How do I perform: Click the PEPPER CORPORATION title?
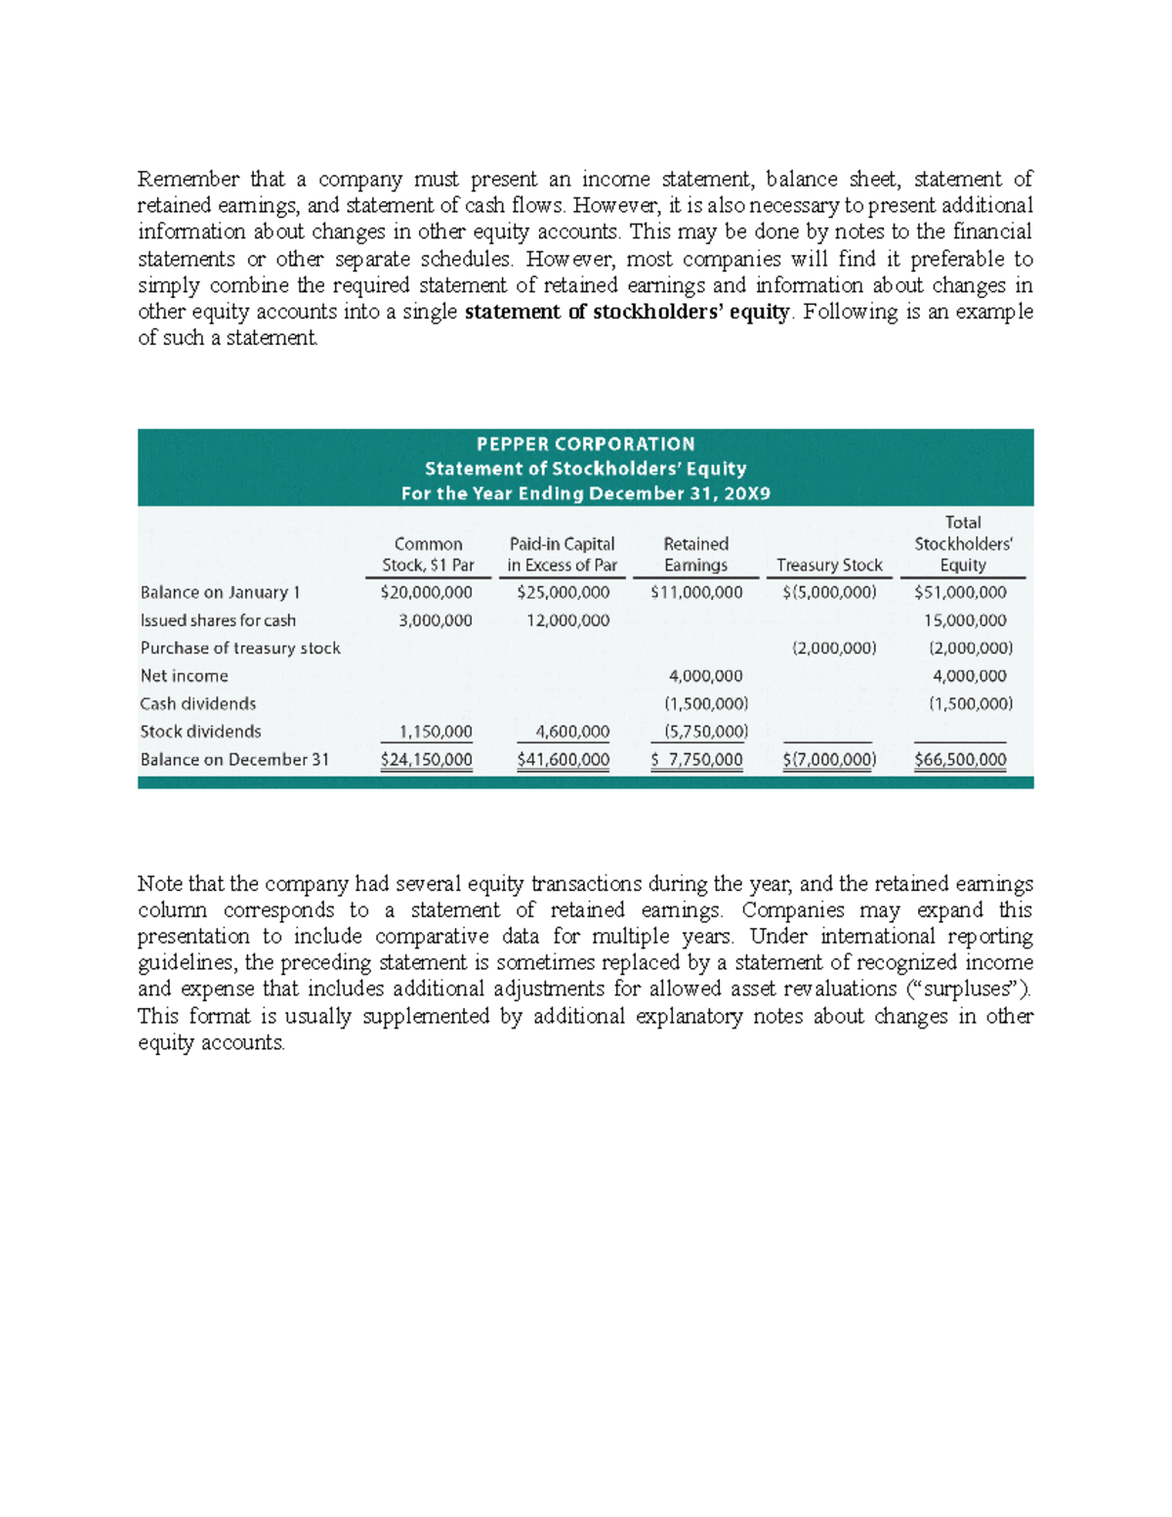pyautogui.click(x=585, y=443)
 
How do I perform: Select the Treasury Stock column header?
pyautogui.click(x=829, y=565)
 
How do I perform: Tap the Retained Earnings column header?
pyautogui.click(x=695, y=554)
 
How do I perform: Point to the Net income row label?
pyautogui.click(x=185, y=676)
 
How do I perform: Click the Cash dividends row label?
pyautogui.click(x=198, y=703)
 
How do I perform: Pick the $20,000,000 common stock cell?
pyautogui.click(x=426, y=592)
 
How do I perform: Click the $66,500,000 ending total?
pyautogui.click(x=960, y=760)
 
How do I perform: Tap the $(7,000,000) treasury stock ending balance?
pyautogui.click(x=829, y=760)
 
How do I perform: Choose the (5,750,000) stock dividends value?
pyautogui.click(x=706, y=732)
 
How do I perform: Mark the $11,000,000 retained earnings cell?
pyautogui.click(x=696, y=592)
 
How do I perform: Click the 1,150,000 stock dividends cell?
pyautogui.click(x=436, y=732)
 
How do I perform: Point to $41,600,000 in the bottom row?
pyautogui.click(x=563, y=760)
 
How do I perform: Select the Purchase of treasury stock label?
pyautogui.click(x=240, y=648)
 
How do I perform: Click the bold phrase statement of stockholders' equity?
pyautogui.click(x=627, y=312)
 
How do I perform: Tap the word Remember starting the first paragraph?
pyautogui.click(x=188, y=179)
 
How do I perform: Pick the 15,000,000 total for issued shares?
pyautogui.click(x=965, y=620)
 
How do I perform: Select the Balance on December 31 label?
pyautogui.click(x=234, y=760)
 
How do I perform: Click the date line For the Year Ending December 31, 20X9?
pyautogui.click(x=585, y=493)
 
